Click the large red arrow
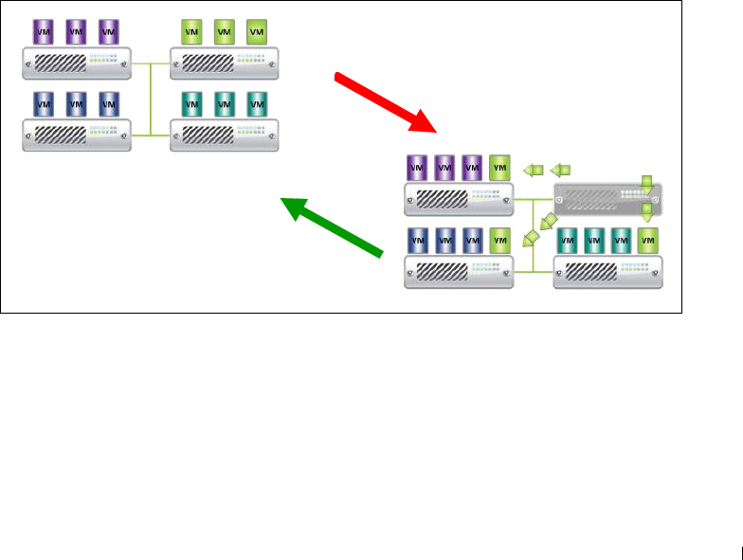click(x=384, y=100)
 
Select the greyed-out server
click(x=607, y=198)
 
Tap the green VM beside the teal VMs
click(x=647, y=240)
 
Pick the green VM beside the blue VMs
click(x=499, y=240)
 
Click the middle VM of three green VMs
click(x=224, y=31)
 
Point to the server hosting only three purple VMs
click(x=77, y=64)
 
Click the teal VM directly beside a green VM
click(x=621, y=240)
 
